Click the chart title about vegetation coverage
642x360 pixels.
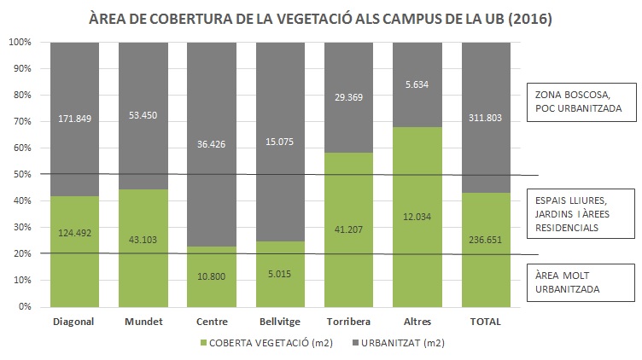(x=320, y=17)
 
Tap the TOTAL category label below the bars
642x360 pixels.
(x=485, y=322)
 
